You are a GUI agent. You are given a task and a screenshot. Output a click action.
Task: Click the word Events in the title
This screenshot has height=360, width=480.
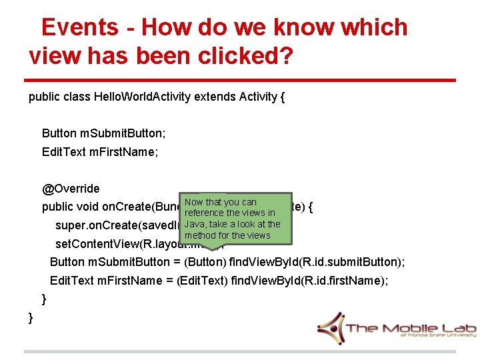pos(79,27)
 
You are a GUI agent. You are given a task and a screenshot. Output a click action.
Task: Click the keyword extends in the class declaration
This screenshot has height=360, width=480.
pos(215,97)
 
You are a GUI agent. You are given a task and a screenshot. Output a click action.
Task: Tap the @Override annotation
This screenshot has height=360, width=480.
pos(71,189)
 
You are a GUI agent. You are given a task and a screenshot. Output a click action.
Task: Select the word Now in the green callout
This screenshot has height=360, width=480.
pos(194,202)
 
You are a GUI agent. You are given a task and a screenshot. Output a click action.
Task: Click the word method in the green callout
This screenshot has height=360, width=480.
pos(199,235)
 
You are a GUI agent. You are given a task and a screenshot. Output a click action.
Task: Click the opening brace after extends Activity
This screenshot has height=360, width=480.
pos(283,97)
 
